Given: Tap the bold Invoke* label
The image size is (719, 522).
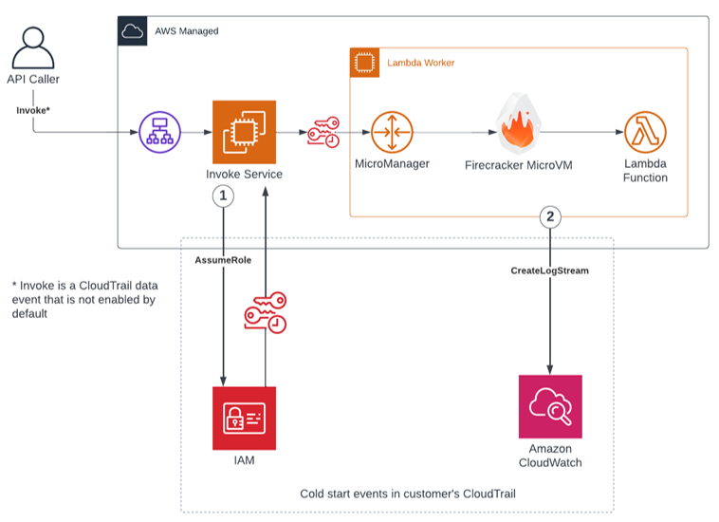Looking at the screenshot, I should (33, 110).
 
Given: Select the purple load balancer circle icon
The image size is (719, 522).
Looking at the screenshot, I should (158, 133).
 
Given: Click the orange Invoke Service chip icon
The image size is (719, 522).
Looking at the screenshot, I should (244, 132).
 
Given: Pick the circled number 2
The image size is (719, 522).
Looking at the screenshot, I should (549, 216).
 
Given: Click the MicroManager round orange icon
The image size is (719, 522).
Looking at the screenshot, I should (391, 133).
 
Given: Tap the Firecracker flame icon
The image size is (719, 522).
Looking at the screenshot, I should (519, 124).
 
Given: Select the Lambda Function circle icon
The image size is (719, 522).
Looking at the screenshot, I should (645, 133).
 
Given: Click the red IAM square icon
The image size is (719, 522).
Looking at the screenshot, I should (244, 418).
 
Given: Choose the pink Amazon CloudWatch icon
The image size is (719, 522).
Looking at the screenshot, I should (550, 406).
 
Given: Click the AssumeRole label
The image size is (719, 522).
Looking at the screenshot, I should (223, 260).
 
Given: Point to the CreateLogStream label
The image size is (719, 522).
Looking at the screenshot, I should (550, 270).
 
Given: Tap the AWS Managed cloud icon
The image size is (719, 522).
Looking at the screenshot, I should (132, 30).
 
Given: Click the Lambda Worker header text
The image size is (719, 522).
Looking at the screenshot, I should (420, 63).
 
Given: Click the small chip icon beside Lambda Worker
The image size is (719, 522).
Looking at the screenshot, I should (363, 63).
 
